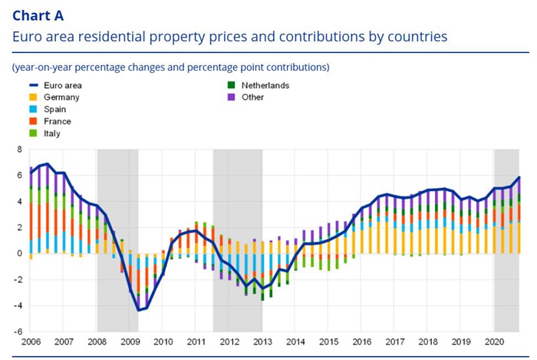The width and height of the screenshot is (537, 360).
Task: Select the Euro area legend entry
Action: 62,85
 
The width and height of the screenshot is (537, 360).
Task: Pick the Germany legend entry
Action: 61,97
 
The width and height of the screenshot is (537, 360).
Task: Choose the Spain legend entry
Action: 56,110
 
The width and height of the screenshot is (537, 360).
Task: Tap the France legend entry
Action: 58,121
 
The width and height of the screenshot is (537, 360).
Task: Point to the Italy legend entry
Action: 52,134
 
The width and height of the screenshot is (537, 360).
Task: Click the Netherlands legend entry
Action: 265,85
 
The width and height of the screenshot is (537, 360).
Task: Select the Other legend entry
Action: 252,97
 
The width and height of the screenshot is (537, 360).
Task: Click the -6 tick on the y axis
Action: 19,332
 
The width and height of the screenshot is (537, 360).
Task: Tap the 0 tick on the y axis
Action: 21,253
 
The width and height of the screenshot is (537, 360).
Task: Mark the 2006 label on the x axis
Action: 31,342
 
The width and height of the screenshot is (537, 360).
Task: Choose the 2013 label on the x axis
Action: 262,342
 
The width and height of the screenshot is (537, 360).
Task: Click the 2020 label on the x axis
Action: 493,342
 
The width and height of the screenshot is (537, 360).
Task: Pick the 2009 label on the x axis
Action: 130,342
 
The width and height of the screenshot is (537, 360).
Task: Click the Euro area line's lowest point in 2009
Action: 138,310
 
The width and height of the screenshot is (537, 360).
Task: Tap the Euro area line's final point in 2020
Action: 519,177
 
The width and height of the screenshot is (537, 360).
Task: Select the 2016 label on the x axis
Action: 361,342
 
